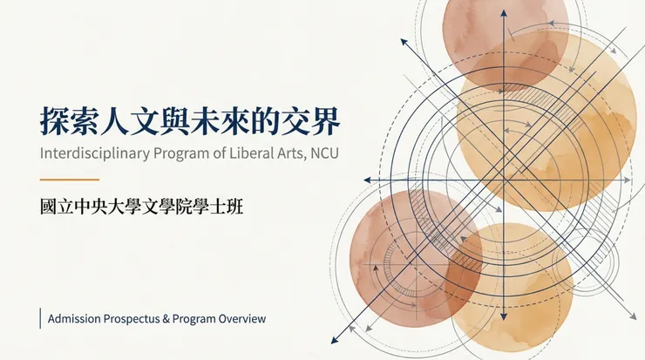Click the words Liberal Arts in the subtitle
255,154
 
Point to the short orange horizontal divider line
70,180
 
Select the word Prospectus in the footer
132,319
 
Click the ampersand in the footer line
166,319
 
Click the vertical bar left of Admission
41,319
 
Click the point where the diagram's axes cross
504,180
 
